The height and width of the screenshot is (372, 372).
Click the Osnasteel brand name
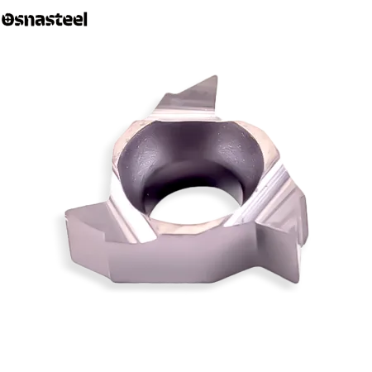click(45, 19)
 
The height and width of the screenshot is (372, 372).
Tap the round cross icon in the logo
click(7, 20)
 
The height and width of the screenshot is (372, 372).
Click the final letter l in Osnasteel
click(85, 19)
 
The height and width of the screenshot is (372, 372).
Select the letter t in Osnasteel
click(60, 20)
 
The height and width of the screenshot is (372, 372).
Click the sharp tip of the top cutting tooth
click(217, 76)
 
